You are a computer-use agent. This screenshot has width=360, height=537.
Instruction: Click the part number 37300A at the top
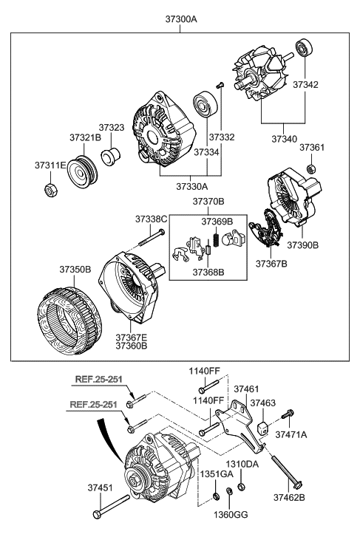tap(181, 19)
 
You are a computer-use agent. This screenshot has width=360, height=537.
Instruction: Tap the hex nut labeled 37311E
tap(50, 190)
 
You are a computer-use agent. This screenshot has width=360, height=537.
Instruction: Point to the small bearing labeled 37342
tap(304, 47)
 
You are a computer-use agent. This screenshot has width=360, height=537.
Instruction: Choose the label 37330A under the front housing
tap(192, 187)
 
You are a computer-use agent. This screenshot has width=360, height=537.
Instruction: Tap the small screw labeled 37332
tap(220, 85)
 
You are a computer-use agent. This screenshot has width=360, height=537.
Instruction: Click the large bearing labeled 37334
tap(206, 104)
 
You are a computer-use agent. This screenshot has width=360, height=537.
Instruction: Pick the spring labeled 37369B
tap(216, 239)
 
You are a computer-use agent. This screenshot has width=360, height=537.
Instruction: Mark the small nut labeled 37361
tap(311, 168)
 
